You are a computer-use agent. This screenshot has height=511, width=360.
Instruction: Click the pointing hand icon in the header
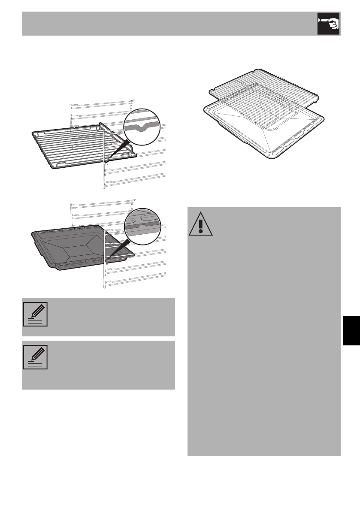(328, 24)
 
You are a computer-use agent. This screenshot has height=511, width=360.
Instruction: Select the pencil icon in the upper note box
(35, 314)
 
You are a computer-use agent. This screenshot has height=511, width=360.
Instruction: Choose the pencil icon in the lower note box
(35, 357)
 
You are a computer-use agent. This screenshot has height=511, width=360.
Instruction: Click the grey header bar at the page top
(167, 24)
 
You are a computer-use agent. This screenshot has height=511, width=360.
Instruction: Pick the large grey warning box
(264, 343)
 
